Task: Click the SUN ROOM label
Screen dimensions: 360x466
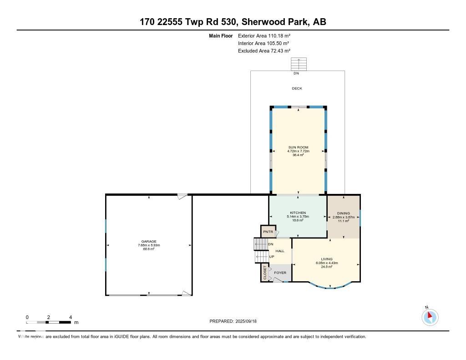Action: (298, 147)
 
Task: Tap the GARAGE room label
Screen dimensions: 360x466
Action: (149, 242)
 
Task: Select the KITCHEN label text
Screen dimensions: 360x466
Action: (298, 213)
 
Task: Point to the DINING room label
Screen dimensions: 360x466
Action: (343, 213)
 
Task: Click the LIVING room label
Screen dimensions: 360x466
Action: (326, 259)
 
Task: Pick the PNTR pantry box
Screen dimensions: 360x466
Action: (268, 232)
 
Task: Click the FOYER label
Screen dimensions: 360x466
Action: (280, 273)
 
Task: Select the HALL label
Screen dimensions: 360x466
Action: (280, 251)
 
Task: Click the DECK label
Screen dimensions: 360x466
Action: (297, 88)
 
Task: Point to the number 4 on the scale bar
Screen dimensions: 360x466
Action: (71, 317)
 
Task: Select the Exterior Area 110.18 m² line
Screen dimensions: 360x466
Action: (264, 35)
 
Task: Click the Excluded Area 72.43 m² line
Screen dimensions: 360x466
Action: (264, 51)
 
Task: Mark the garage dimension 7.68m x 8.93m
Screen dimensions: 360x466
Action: (149, 245)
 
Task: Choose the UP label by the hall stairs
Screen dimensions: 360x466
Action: (272, 257)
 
